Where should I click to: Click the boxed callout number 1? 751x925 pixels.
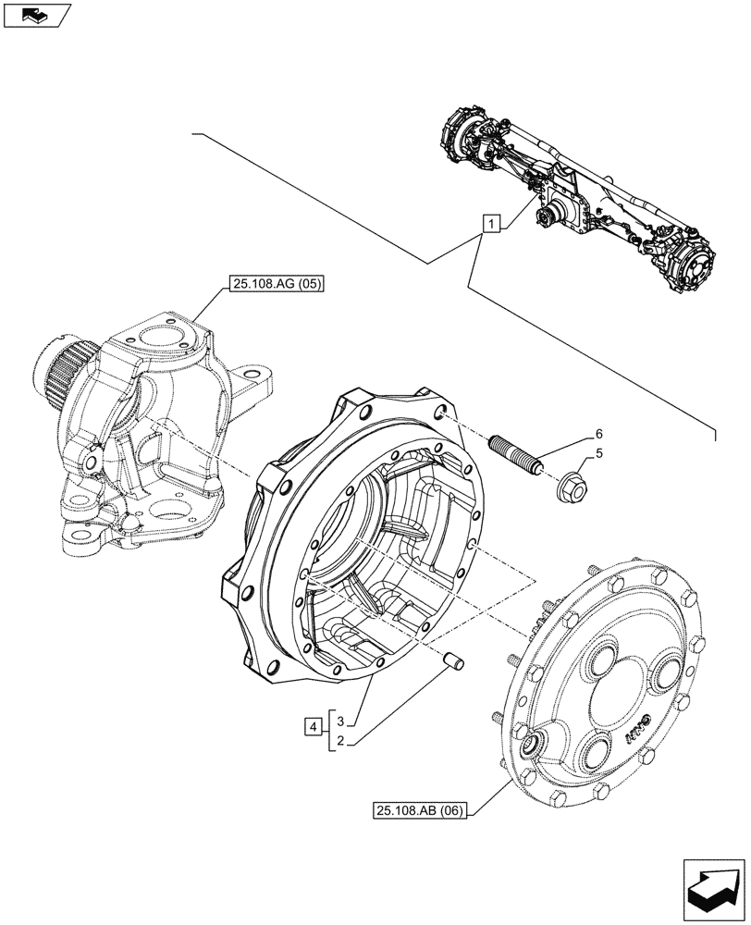492,223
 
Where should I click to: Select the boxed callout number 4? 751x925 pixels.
314,726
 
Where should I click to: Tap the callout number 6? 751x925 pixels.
598,434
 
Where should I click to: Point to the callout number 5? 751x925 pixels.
598,453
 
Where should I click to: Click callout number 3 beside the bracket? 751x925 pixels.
340,721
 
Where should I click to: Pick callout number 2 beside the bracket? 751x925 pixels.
340,741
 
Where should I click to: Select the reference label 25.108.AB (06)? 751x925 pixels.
422,811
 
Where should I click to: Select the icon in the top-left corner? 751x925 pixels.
36,14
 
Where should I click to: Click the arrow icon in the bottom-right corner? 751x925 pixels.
711,887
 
